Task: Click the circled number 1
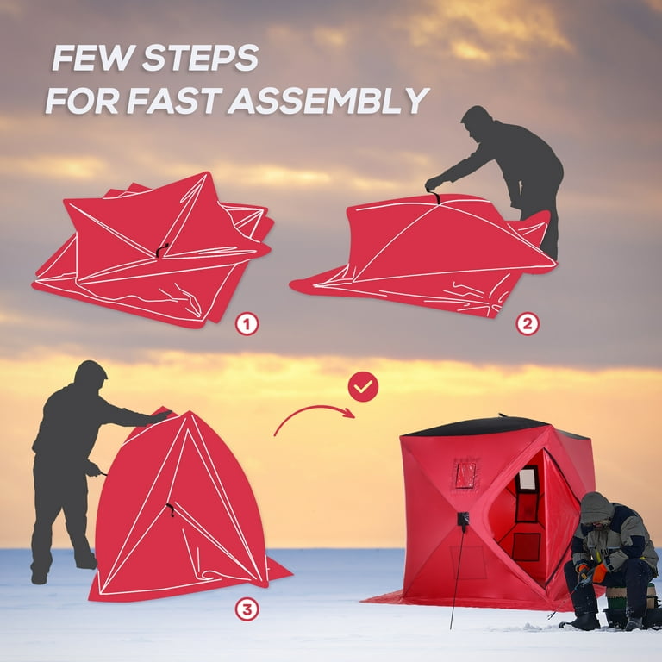coord(247,324)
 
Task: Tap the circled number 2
coord(528,324)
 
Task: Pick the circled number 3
coord(247,609)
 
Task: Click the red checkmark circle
coord(363,387)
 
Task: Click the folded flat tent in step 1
coord(155,250)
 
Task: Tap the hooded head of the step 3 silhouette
coord(90,376)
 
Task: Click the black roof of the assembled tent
coord(483,427)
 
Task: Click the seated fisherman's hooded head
coord(595,509)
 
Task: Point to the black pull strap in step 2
coord(437,198)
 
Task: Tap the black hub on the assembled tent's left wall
coord(463,520)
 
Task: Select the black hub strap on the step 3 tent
coord(170,510)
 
